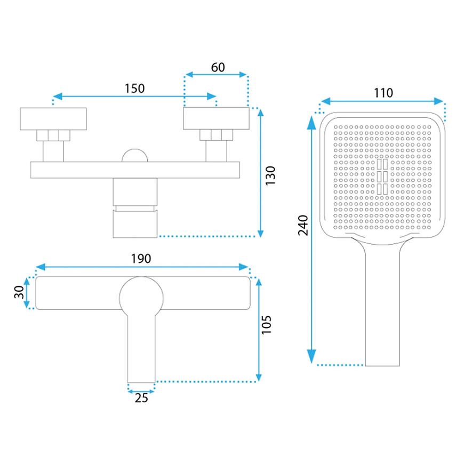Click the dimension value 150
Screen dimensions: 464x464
point(134,88)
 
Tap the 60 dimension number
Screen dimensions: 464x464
point(218,68)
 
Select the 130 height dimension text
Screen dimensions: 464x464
point(270,175)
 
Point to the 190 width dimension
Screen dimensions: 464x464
point(141,259)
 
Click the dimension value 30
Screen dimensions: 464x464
point(19,292)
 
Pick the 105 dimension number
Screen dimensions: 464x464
point(266,325)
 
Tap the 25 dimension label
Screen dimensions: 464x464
point(141,398)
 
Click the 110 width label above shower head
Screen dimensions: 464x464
point(383,93)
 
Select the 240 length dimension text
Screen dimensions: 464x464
point(303,225)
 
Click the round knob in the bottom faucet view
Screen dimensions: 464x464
point(141,298)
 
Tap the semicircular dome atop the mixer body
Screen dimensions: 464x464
point(134,155)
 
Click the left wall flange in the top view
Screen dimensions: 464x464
point(53,118)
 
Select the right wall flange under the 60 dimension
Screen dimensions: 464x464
point(216,118)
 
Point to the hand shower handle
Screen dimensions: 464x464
point(382,305)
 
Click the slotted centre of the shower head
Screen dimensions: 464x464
point(382,177)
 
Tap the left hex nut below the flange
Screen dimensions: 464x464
point(53,135)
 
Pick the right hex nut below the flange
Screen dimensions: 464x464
point(216,135)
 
